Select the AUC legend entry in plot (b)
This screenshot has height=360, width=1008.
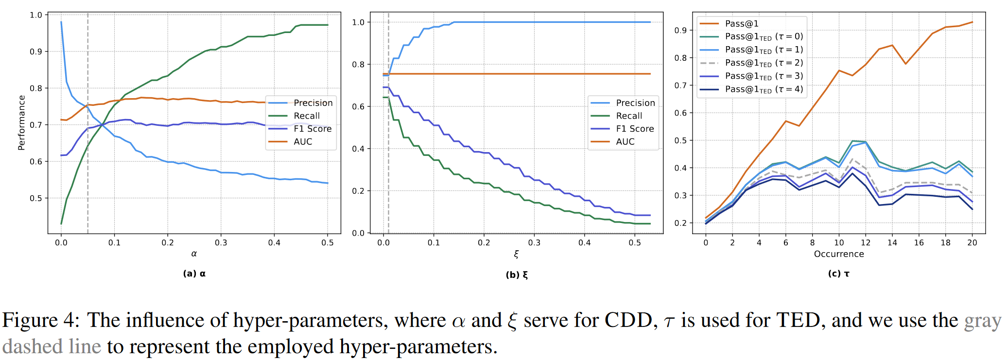click(625, 142)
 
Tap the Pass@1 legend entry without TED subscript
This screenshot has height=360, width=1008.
click(741, 24)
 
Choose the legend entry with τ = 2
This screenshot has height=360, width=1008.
click(764, 63)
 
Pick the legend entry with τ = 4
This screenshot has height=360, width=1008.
click(764, 89)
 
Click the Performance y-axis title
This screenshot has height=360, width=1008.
click(21, 123)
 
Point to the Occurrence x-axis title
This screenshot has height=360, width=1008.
click(839, 254)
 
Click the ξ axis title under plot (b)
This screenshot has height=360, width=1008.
click(516, 254)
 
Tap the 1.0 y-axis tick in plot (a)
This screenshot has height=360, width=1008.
click(36, 15)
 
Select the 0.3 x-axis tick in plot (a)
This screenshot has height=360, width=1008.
click(221, 242)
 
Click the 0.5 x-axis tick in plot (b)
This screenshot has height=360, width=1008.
click(635, 242)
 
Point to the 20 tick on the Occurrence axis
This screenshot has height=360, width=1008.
click(972, 242)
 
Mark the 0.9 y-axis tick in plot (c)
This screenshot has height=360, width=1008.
click(680, 30)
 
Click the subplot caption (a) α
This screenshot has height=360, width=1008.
click(194, 274)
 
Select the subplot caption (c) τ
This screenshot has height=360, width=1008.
click(839, 274)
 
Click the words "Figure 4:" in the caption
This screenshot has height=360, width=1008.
click(42, 321)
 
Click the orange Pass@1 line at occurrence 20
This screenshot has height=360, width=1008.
click(972, 22)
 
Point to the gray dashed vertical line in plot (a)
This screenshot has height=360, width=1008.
click(87, 170)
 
